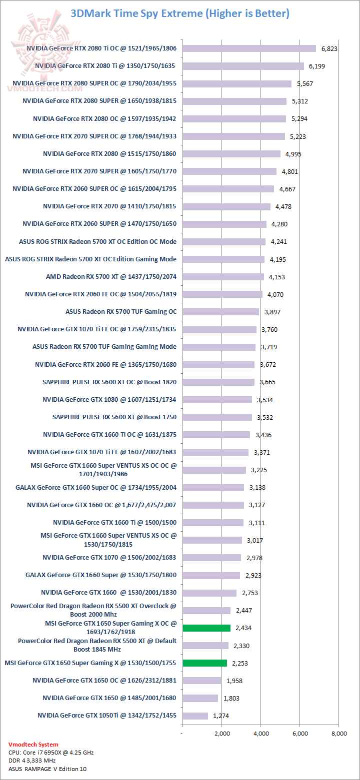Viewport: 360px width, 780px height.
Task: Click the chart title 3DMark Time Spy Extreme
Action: coord(179,13)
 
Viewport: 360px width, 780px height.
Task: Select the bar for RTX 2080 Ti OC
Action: coord(249,48)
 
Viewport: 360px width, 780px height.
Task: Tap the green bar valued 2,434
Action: coord(206,628)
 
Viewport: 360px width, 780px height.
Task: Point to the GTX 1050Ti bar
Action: coord(195,716)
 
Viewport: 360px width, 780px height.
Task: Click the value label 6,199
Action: coord(317,66)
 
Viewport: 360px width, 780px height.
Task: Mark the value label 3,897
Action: coord(272,312)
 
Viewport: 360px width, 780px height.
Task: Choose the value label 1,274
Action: coord(221,716)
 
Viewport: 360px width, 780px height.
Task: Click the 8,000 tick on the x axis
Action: coord(339,734)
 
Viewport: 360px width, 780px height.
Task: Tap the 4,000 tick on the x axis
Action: coord(260,734)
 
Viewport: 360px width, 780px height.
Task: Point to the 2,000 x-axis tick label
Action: coord(221,734)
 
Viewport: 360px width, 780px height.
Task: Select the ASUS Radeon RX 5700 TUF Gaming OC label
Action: coord(121,311)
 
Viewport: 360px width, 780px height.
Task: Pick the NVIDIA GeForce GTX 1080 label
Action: coord(109,399)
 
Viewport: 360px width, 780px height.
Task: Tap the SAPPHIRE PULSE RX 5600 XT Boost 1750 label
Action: coord(114,417)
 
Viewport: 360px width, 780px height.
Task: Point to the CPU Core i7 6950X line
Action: coord(51,752)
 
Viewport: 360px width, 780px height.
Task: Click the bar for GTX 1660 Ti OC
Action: coord(216,435)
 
